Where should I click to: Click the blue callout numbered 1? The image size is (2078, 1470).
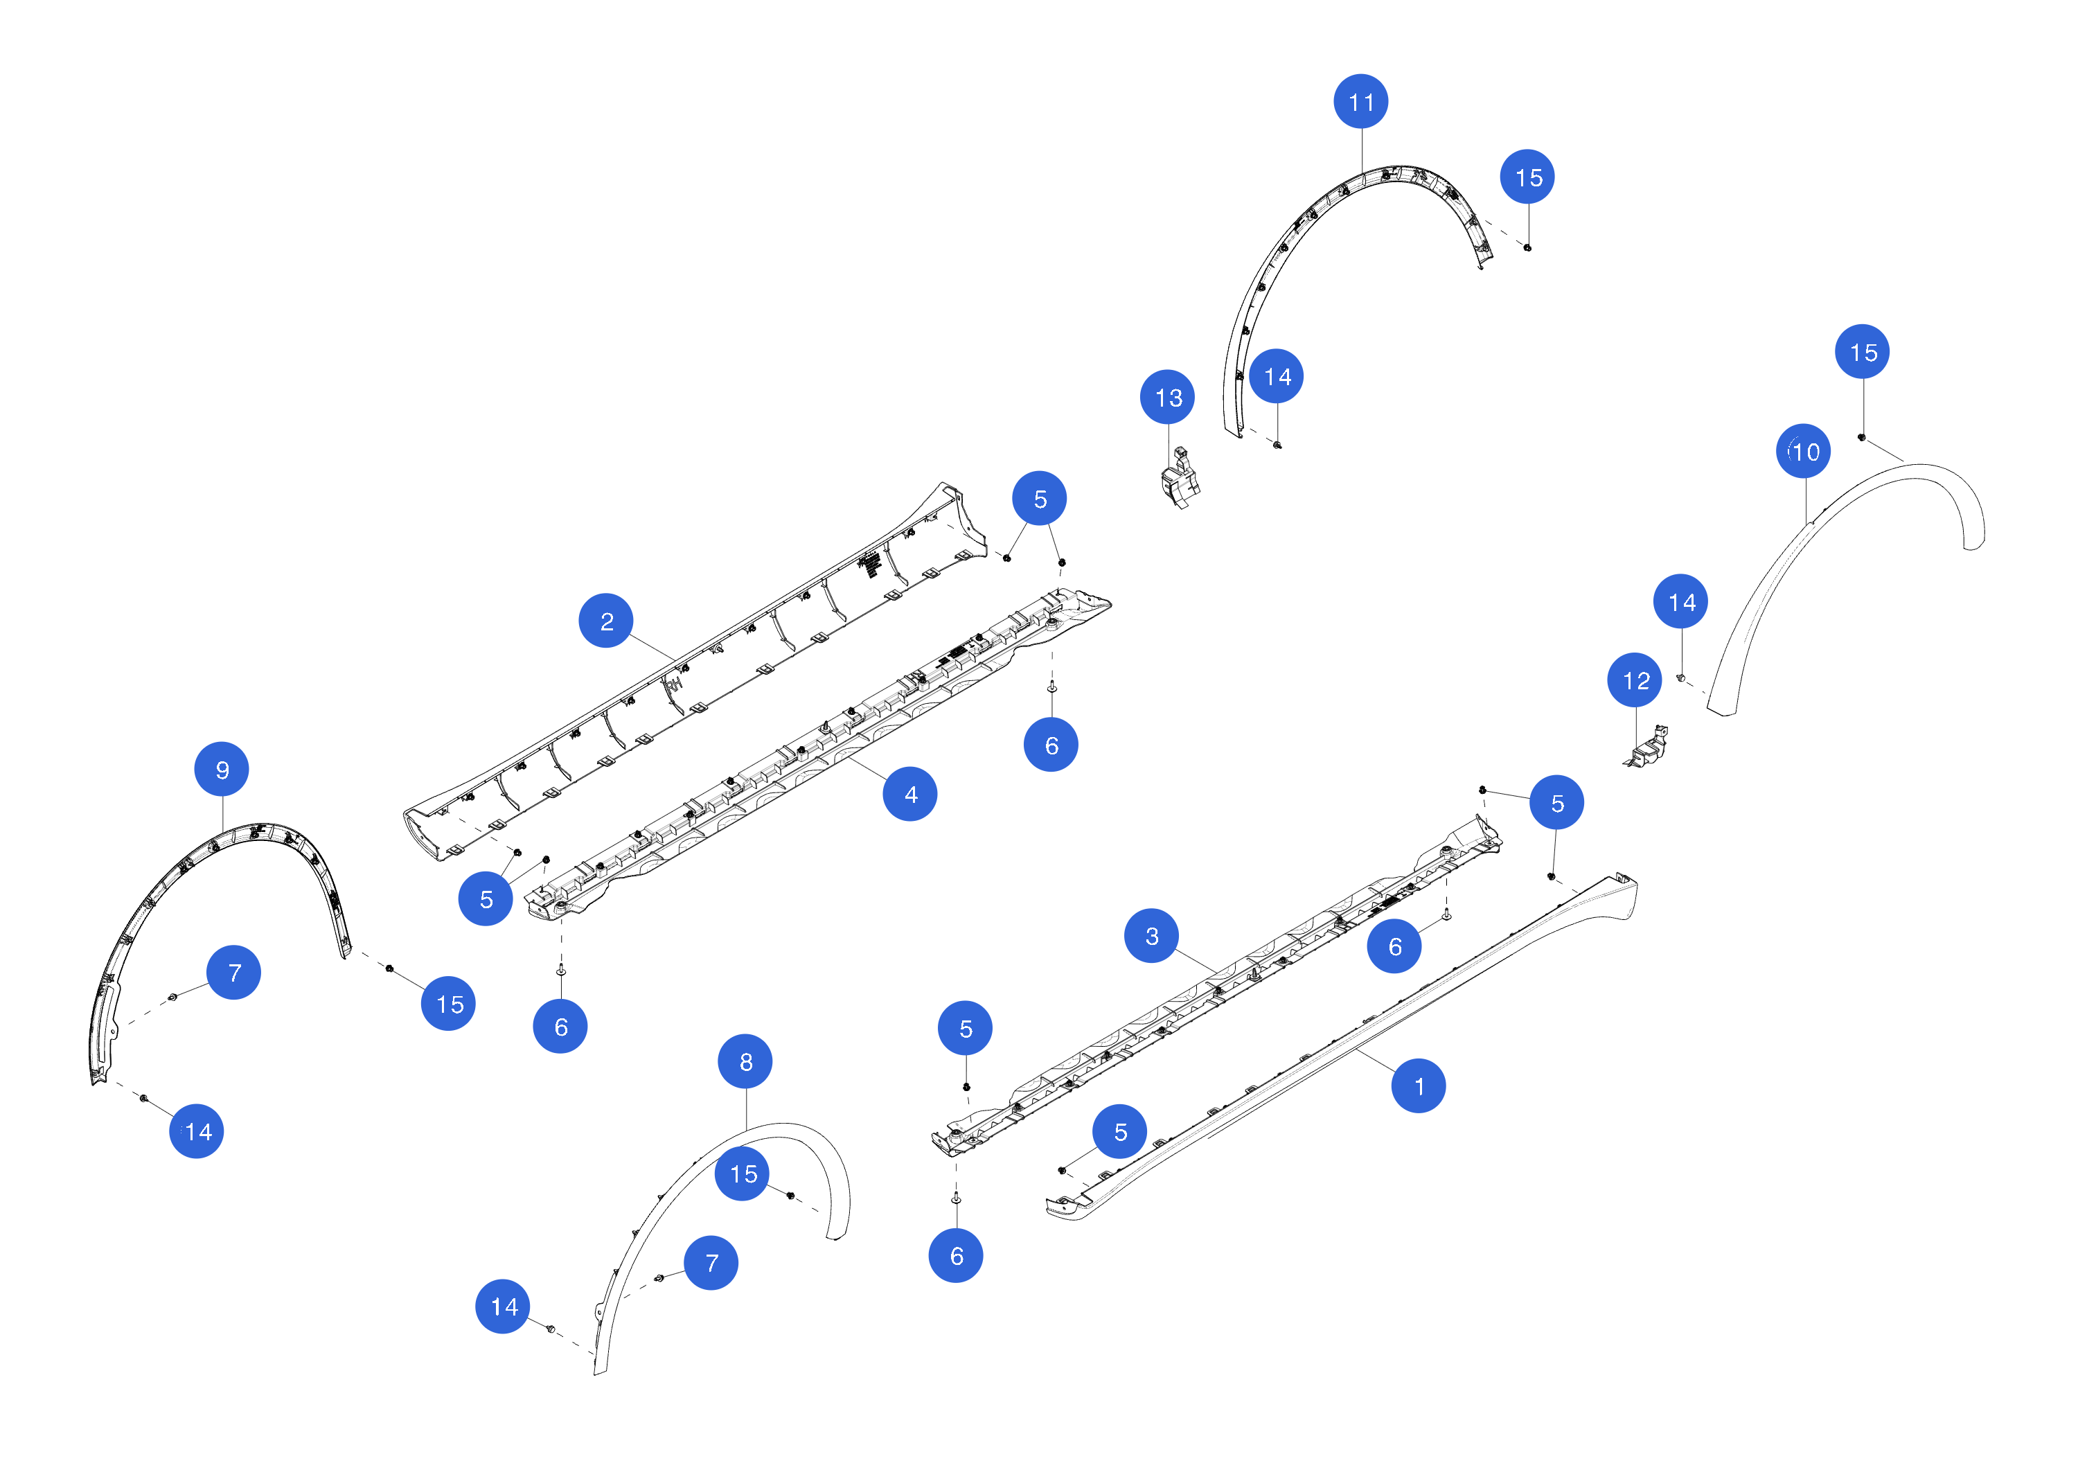point(1418,1086)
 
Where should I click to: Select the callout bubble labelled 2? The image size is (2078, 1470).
point(605,621)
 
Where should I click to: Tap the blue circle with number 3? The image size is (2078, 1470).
point(1151,936)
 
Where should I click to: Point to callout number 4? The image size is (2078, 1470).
point(909,794)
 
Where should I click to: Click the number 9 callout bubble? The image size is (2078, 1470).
point(222,770)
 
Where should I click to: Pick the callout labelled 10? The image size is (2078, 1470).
point(1803,451)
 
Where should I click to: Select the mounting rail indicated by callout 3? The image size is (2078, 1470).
point(1217,986)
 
